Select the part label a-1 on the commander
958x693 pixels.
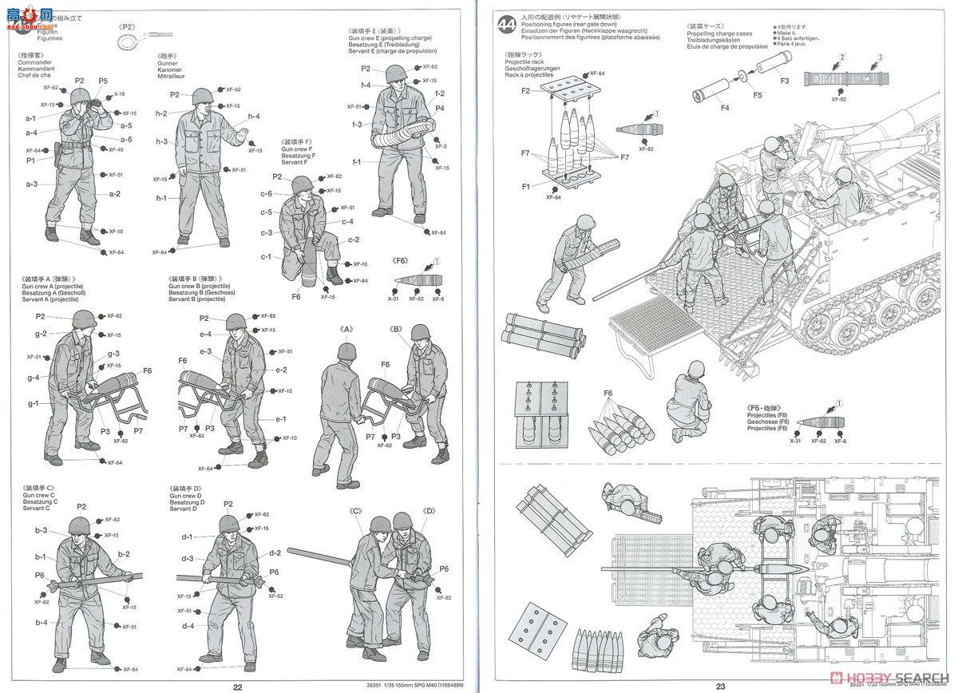coord(31,118)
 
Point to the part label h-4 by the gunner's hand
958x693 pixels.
coord(253,117)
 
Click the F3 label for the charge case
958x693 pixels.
coord(784,81)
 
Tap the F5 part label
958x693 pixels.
coord(757,94)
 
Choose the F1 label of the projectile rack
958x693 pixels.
coord(526,187)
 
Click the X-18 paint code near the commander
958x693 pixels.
coord(119,94)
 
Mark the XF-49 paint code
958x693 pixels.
coord(116,149)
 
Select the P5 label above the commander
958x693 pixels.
coord(103,81)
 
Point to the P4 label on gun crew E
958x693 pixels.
coord(440,108)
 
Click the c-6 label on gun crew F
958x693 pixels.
coord(266,194)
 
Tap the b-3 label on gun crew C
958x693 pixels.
coord(40,530)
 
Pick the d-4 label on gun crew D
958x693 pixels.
coord(188,626)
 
